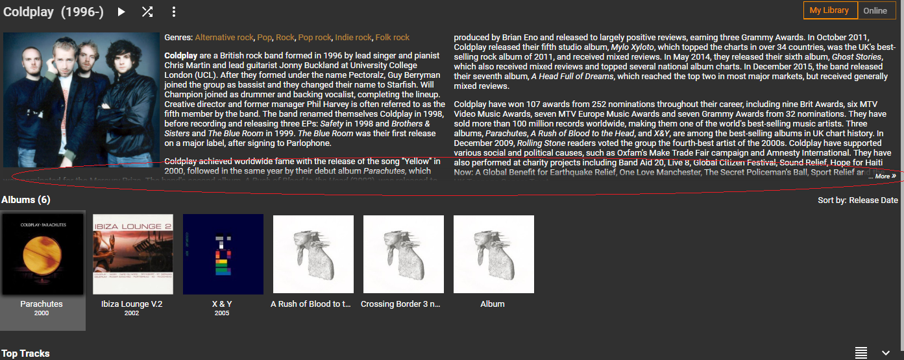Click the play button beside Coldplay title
pyautogui.click(x=121, y=12)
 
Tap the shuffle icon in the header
pyautogui.click(x=147, y=12)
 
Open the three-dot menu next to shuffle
pyautogui.click(x=173, y=12)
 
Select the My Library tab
pyautogui.click(x=829, y=10)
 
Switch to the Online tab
pyautogui.click(x=875, y=10)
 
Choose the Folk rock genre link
pyautogui.click(x=392, y=38)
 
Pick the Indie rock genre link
pyautogui.click(x=353, y=38)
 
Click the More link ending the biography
pyautogui.click(x=885, y=176)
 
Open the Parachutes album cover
pyautogui.click(x=43, y=254)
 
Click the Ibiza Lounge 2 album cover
pyautogui.click(x=133, y=254)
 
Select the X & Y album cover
pyautogui.click(x=223, y=254)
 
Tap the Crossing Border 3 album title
pyautogui.click(x=400, y=304)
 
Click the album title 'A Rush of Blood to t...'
pyautogui.click(x=311, y=304)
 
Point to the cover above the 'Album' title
pyautogui.click(x=493, y=254)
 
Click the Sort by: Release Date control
pyautogui.click(x=857, y=200)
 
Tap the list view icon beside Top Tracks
pyautogui.click(x=861, y=353)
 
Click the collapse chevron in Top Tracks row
pyautogui.click(x=886, y=353)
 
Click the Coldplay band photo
pyautogui.click(x=81, y=100)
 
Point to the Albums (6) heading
pyautogui.click(x=26, y=200)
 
